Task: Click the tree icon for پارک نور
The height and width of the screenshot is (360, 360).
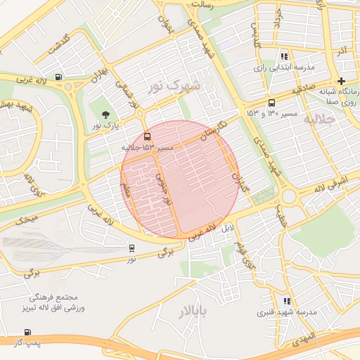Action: click(105, 115)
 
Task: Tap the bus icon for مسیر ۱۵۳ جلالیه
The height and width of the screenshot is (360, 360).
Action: click(147, 136)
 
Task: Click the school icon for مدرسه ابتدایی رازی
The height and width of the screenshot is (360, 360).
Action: click(284, 56)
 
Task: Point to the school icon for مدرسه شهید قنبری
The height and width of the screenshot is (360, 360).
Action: click(286, 301)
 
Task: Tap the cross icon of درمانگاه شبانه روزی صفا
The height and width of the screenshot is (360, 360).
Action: click(342, 82)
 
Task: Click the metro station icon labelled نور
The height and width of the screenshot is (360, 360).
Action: click(131, 248)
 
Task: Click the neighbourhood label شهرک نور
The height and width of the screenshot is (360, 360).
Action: click(174, 86)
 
